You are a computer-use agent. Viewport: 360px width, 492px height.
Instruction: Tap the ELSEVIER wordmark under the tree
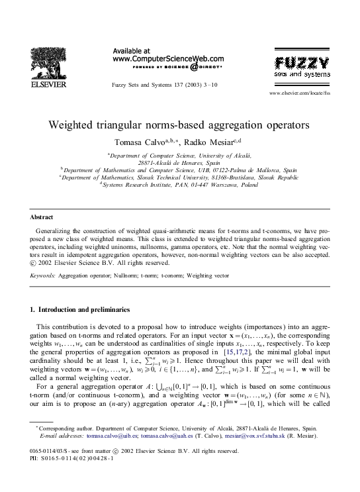pyautogui.click(x=47, y=85)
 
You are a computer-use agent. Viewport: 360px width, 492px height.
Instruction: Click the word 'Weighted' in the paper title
pyautogui.click(x=75, y=124)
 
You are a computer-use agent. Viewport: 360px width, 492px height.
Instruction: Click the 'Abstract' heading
pyautogui.click(x=42, y=217)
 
